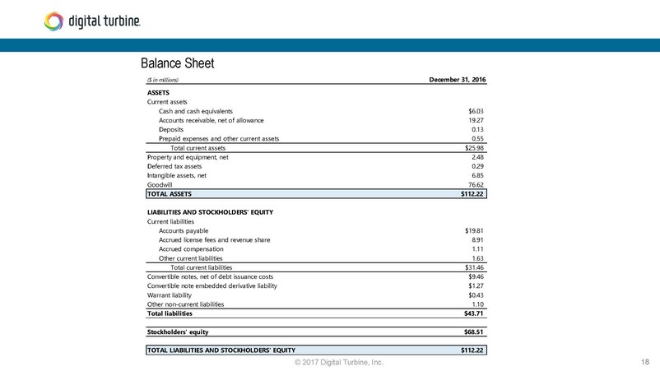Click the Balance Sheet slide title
click(x=178, y=63)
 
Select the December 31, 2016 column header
click(x=458, y=79)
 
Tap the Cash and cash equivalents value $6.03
click(x=475, y=111)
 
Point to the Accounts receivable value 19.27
click(x=476, y=120)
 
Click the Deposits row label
click(x=171, y=129)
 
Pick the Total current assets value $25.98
click(x=474, y=148)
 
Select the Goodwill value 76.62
click(x=476, y=185)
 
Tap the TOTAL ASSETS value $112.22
click(x=472, y=195)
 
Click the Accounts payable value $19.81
click(x=474, y=231)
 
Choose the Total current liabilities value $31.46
click(x=474, y=267)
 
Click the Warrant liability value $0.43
click(x=476, y=295)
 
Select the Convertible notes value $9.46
click(x=476, y=276)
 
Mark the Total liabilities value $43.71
click(x=474, y=313)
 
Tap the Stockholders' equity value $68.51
click(x=474, y=332)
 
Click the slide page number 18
click(x=644, y=362)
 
